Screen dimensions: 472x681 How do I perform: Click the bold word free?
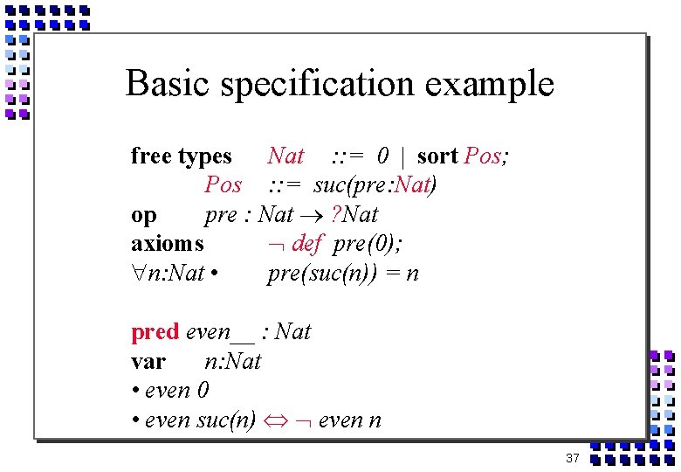pyautogui.click(x=152, y=156)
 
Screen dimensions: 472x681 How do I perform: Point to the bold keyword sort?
pyautogui.click(x=437, y=156)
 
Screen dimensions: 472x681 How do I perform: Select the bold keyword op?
pyautogui.click(x=144, y=216)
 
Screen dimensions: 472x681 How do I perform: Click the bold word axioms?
pyautogui.click(x=168, y=244)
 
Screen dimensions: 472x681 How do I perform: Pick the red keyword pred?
pyautogui.click(x=155, y=332)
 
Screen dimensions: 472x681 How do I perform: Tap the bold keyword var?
pyautogui.click(x=148, y=361)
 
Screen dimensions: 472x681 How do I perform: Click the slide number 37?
pyautogui.click(x=573, y=458)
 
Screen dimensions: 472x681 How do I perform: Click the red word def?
pyautogui.click(x=307, y=244)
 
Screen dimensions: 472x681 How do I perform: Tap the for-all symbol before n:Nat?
pyautogui.click(x=138, y=274)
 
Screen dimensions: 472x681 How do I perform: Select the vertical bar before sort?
pyautogui.click(x=402, y=156)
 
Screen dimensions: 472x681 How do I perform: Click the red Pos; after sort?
pyautogui.click(x=488, y=156)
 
